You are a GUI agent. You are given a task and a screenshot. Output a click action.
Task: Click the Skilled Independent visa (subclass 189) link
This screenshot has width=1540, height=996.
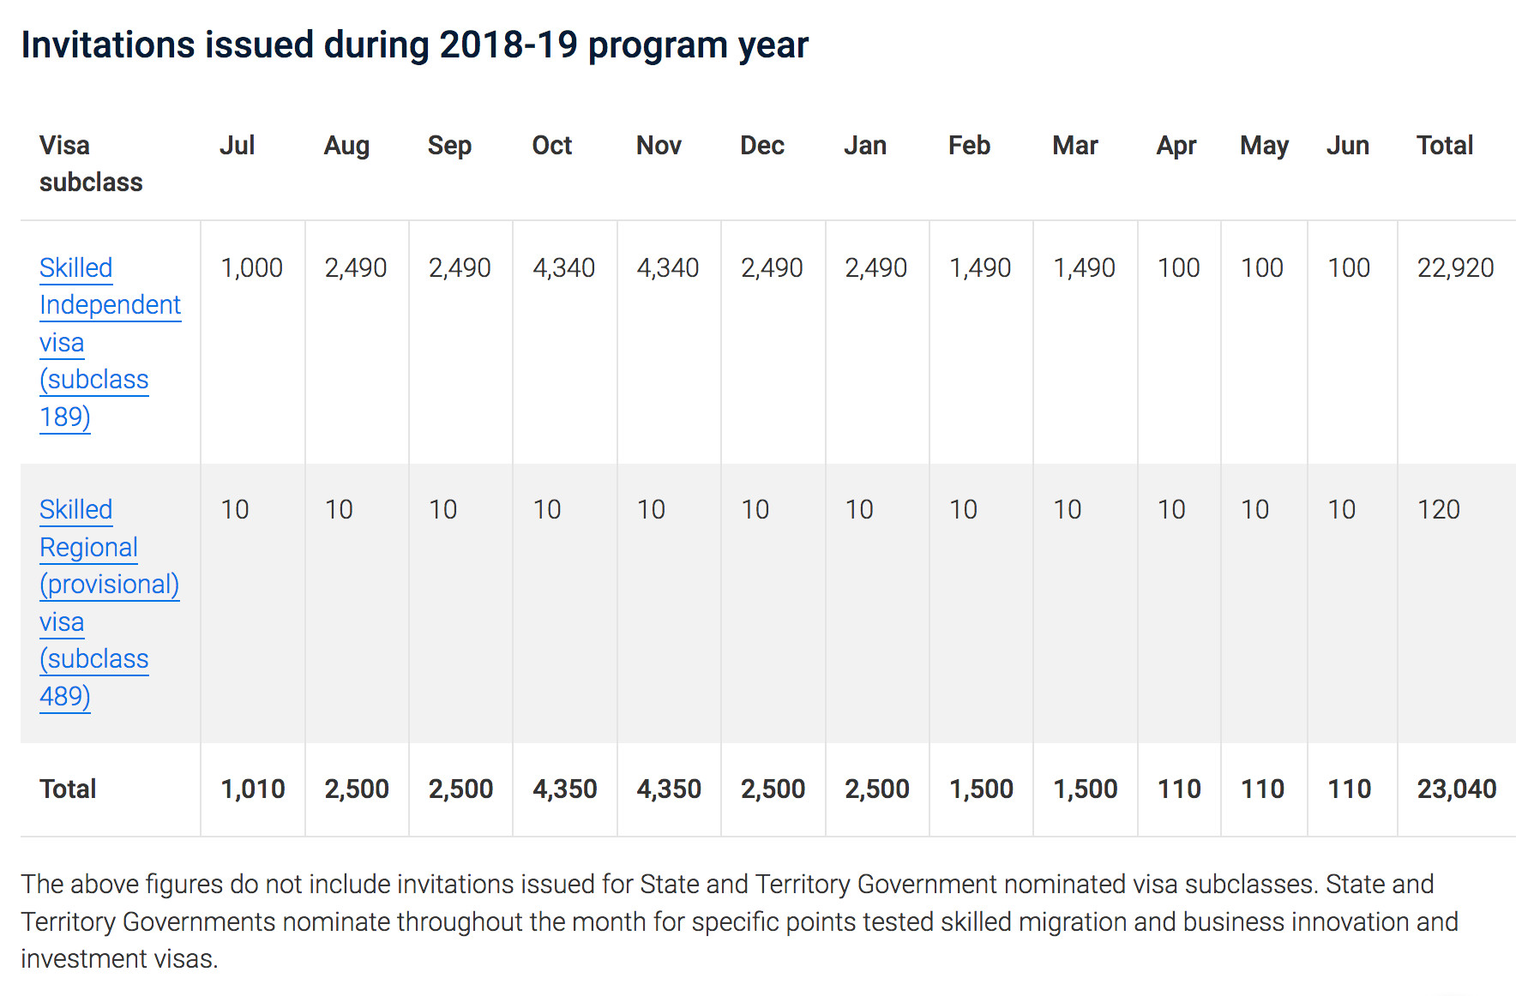click(x=111, y=342)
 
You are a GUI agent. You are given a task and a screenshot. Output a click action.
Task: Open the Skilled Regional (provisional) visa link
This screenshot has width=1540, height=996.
click(x=110, y=603)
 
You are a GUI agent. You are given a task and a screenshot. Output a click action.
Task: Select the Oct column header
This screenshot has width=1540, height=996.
click(x=551, y=145)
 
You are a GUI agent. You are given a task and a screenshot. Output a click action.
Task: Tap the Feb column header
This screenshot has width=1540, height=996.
click(x=969, y=145)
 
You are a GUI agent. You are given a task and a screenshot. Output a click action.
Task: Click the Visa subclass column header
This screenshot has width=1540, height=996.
click(x=91, y=163)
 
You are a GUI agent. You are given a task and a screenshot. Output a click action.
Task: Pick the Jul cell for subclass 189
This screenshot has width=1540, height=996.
click(x=251, y=267)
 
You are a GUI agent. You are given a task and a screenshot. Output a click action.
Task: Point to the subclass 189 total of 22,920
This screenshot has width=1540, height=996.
click(x=1455, y=267)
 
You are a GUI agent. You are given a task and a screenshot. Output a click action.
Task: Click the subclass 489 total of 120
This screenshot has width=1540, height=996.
click(x=1438, y=509)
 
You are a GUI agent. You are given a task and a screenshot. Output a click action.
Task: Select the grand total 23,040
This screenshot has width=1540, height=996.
click(x=1456, y=789)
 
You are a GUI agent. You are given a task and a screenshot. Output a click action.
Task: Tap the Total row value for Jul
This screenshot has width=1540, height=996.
click(x=252, y=789)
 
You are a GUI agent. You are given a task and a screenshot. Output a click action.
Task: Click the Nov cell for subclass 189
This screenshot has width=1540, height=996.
click(x=667, y=267)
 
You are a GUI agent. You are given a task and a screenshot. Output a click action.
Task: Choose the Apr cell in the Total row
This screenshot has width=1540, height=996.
click(x=1178, y=789)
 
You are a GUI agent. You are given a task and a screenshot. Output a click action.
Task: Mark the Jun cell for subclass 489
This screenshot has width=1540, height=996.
click(x=1341, y=509)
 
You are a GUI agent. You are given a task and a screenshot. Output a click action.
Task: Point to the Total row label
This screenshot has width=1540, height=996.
click(x=68, y=789)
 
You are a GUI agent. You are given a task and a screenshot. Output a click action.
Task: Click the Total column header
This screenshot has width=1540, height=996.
click(x=1445, y=145)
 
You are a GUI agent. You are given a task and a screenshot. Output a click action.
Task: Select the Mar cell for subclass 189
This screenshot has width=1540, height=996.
click(x=1084, y=267)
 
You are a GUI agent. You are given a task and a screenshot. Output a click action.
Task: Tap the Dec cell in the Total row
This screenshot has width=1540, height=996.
click(x=773, y=789)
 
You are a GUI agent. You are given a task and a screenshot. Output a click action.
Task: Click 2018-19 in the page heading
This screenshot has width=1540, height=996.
click(x=508, y=45)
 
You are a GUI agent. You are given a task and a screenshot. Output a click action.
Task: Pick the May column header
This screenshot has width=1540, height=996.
click(x=1264, y=147)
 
